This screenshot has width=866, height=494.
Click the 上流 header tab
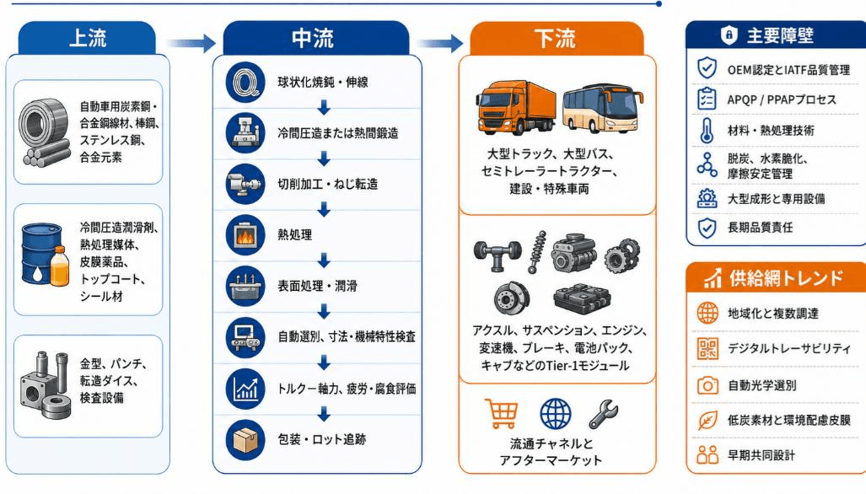(x=87, y=38)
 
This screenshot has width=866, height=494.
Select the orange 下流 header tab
(x=557, y=38)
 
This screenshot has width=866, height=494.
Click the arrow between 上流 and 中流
(x=191, y=42)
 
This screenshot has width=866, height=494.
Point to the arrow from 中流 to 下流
(x=439, y=42)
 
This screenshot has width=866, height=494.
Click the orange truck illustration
(x=516, y=108)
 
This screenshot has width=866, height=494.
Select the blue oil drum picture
(x=41, y=255)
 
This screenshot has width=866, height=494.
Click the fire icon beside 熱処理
(x=245, y=235)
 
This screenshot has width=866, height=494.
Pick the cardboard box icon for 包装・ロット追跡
(x=245, y=440)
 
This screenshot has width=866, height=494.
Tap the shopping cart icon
(x=502, y=413)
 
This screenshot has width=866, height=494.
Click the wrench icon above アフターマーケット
(x=604, y=414)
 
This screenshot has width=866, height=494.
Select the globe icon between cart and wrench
(x=555, y=414)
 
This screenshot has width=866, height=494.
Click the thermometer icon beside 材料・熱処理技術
(x=707, y=131)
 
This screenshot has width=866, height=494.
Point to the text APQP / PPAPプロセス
(x=782, y=100)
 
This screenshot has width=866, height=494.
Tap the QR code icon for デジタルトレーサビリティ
(x=707, y=348)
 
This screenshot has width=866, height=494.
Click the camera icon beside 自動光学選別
(x=707, y=384)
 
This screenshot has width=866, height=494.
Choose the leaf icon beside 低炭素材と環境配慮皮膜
(x=707, y=421)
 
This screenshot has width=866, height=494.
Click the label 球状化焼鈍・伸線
(x=323, y=83)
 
